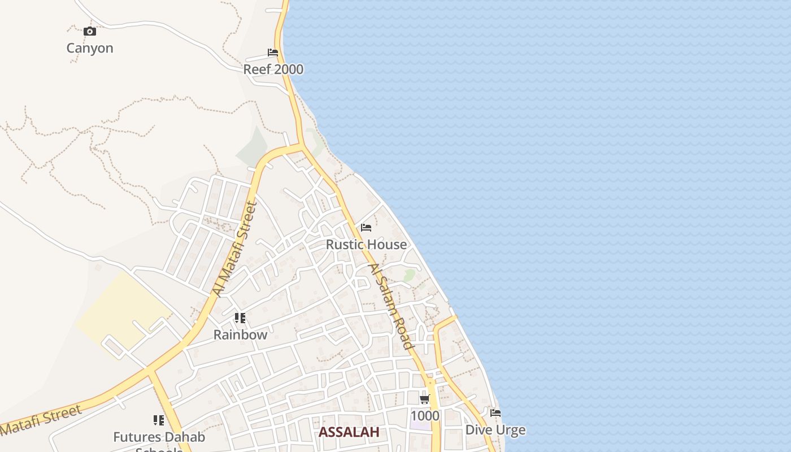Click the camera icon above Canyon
point(89,32)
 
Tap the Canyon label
point(90,48)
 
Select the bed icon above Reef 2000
point(273,53)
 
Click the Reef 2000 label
point(273,69)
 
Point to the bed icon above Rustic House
point(366,228)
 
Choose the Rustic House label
point(366,245)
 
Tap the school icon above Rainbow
point(240,318)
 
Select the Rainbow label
point(240,334)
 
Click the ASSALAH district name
point(348,432)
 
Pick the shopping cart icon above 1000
point(425,399)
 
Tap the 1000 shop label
point(425,416)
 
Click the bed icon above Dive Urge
point(496,413)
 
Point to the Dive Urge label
point(496,430)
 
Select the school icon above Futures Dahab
point(159,420)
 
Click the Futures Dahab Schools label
point(159,437)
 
